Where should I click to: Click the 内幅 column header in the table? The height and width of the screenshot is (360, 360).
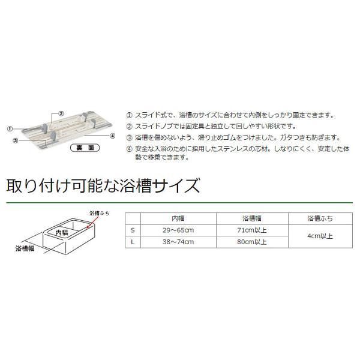tap(178, 218)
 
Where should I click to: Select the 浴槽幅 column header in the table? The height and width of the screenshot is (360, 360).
tap(253, 218)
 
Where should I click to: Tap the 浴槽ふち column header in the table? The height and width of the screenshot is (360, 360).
tap(319, 218)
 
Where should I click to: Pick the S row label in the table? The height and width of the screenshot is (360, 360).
tap(132, 230)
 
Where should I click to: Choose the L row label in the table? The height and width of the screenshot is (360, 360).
tap(132, 241)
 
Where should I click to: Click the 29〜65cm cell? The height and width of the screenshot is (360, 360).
tap(178, 230)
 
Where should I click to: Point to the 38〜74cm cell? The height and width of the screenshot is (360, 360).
tap(178, 241)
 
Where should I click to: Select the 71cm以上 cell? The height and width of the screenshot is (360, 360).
tap(253, 230)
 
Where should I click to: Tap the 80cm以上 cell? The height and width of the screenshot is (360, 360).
tap(253, 241)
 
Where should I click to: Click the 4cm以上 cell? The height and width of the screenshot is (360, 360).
tap(319, 236)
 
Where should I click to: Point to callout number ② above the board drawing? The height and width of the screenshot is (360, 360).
tap(61, 113)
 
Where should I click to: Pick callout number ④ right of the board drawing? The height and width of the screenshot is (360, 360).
tap(112, 136)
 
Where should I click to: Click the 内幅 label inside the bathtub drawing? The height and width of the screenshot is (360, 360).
tap(62, 232)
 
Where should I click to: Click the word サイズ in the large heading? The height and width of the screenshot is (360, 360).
tap(174, 184)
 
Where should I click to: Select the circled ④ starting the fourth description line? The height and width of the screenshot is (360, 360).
tap(130, 148)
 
